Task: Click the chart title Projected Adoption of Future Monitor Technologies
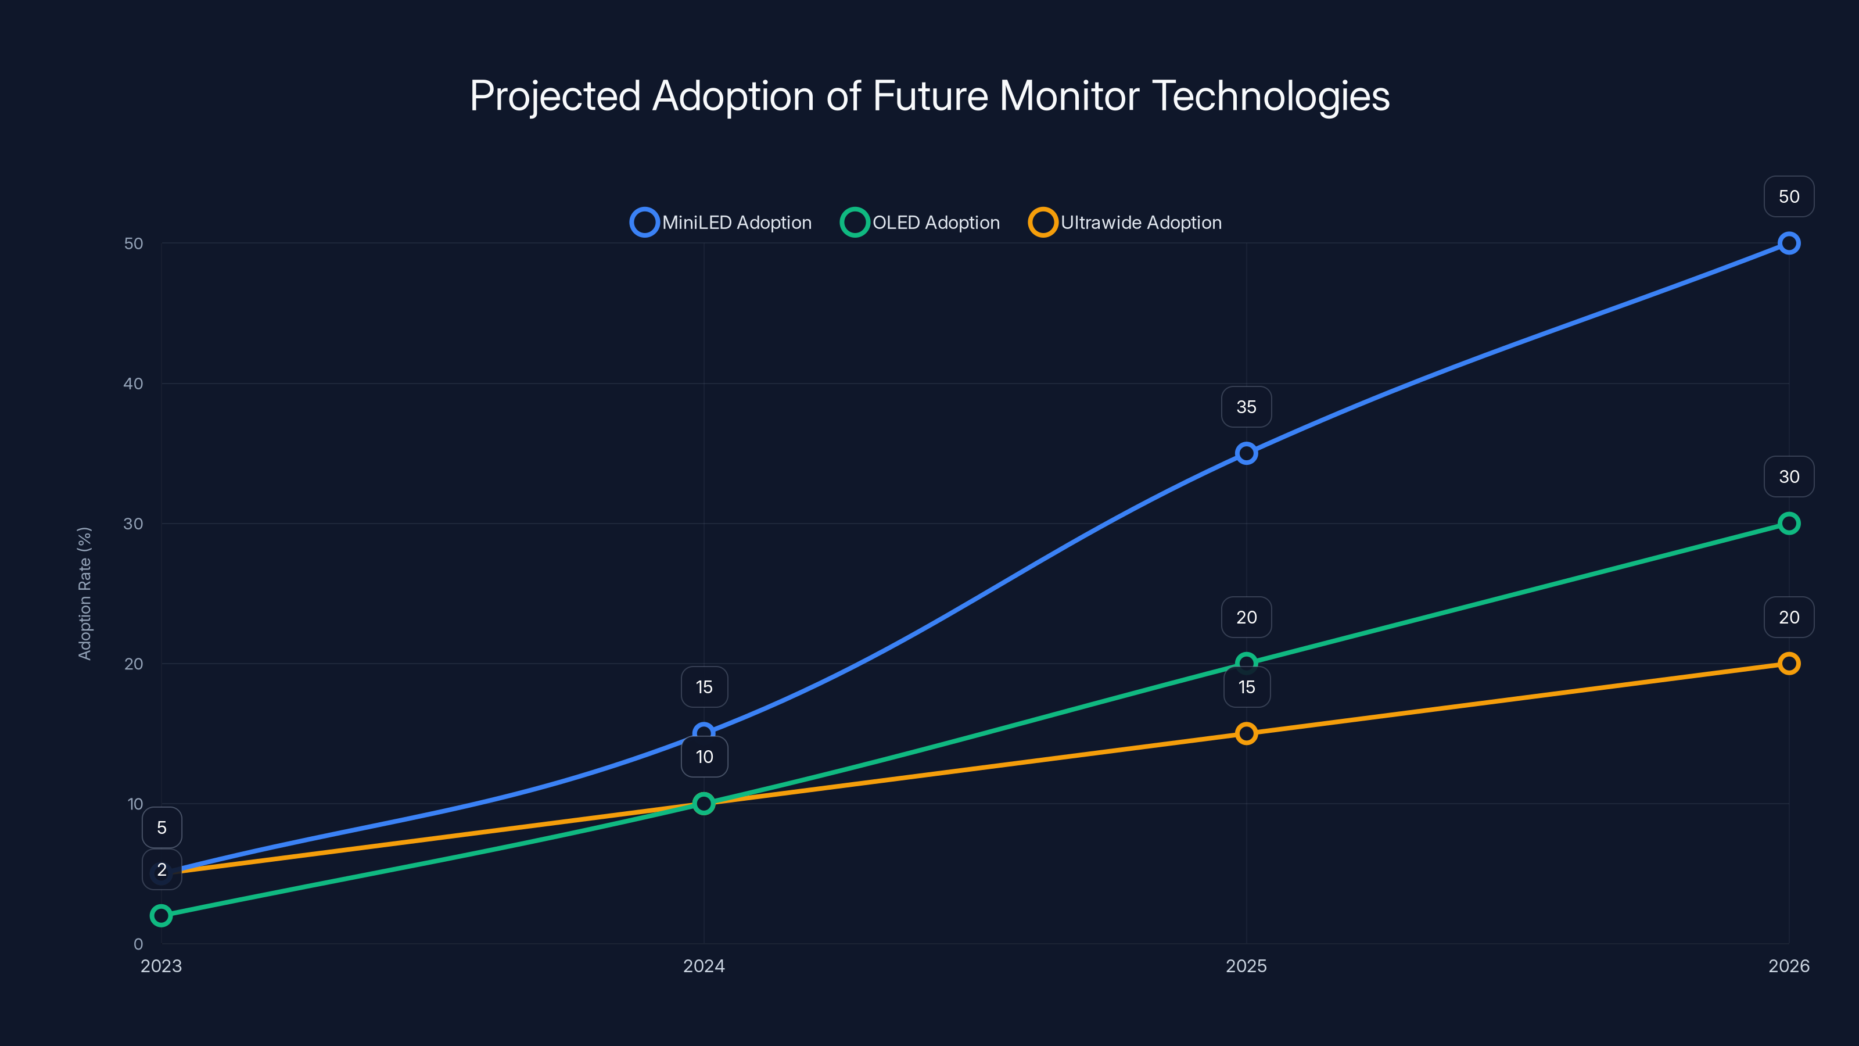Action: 929,96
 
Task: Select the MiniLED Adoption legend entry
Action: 722,223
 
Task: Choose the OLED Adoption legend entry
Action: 921,223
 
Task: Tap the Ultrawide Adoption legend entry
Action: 1126,223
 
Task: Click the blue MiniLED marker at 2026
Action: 1788,243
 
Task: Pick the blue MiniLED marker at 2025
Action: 1246,453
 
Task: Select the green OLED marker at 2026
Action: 1788,524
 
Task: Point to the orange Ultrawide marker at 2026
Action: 1788,664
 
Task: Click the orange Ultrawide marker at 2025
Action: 1246,733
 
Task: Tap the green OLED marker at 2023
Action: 161,915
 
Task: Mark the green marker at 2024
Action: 704,804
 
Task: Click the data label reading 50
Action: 1788,196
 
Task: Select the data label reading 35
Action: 1246,407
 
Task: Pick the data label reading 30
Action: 1788,477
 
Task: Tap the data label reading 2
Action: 162,870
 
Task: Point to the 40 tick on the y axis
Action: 134,384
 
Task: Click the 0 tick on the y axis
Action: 138,944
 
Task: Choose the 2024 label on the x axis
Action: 704,966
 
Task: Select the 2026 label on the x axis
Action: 1788,966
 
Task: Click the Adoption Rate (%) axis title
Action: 84,593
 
